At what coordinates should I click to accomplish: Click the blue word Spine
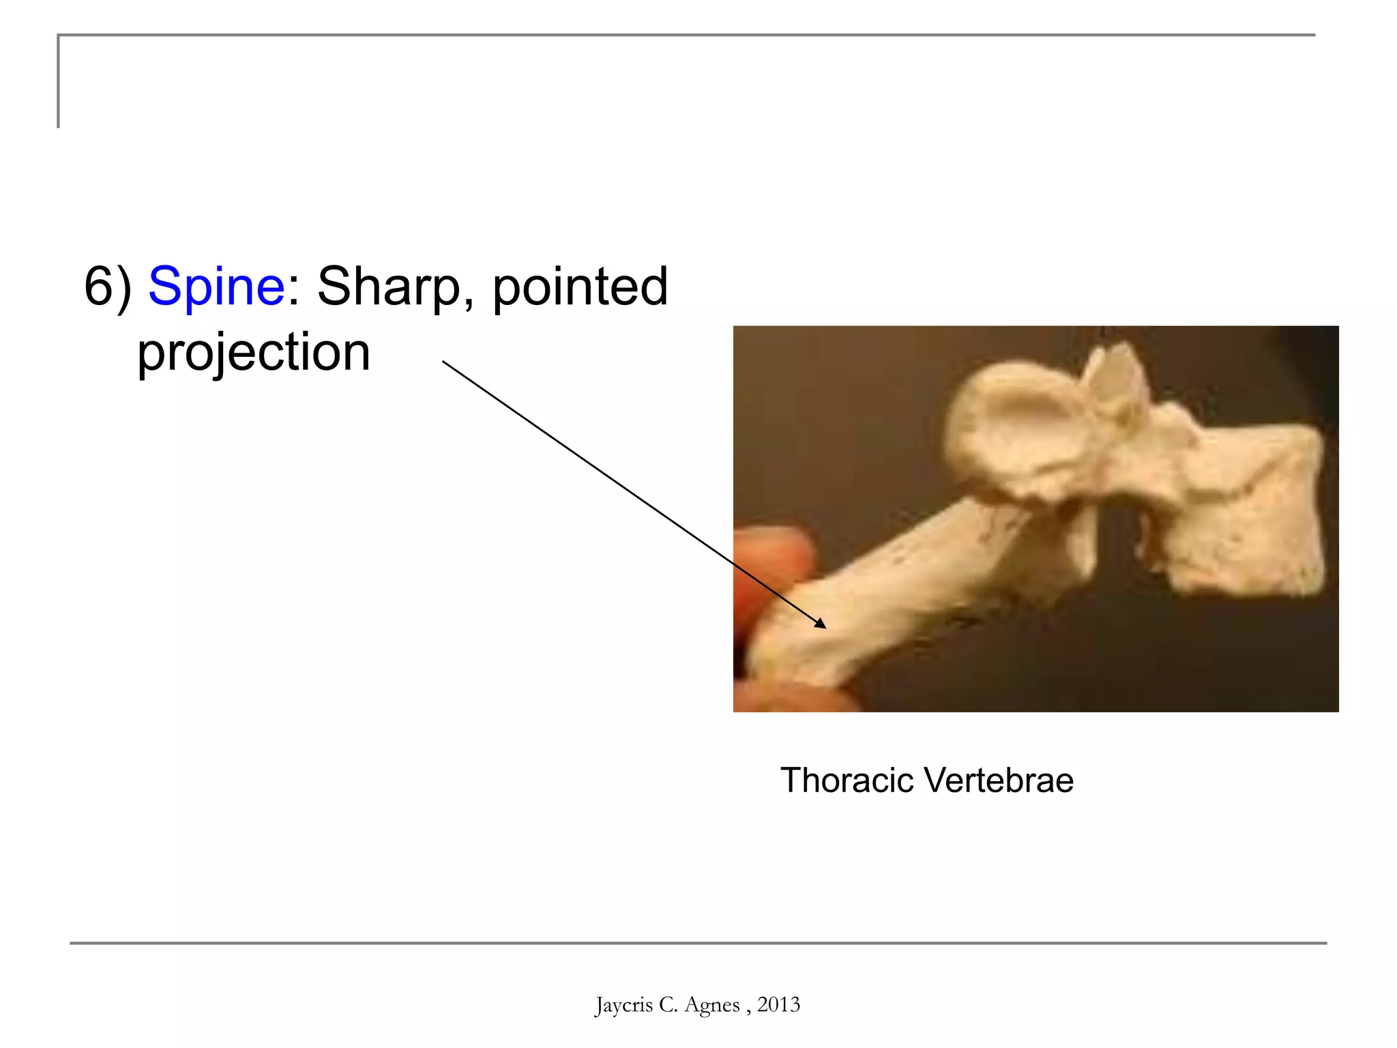click(216, 287)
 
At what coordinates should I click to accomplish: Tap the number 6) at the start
click(107, 287)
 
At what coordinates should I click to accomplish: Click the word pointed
click(580, 287)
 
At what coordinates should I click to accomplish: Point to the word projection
click(254, 352)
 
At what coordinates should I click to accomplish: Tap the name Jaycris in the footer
click(623, 1004)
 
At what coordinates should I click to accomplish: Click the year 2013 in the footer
click(778, 1004)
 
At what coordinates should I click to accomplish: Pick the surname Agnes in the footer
click(711, 1004)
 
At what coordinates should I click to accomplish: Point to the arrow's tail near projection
click(445, 362)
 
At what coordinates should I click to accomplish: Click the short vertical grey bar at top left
click(59, 82)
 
